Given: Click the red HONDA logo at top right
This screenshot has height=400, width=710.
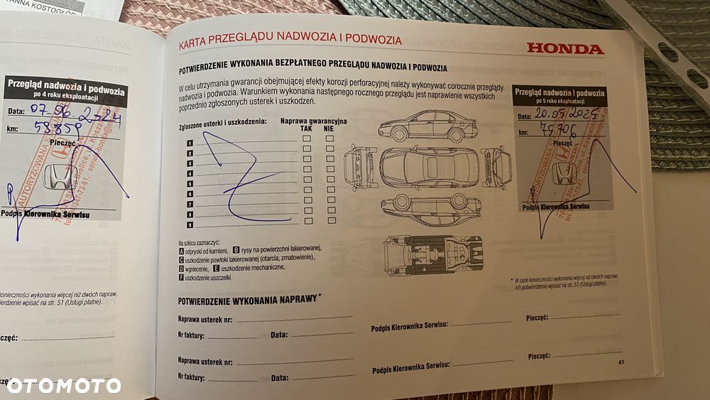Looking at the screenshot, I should tap(564, 48).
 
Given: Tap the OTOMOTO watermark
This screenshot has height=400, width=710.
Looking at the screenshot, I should tap(63, 386).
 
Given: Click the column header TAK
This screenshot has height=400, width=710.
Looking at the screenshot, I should tap(306, 129).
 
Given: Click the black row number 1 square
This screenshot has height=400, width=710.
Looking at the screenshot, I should tap(190, 143).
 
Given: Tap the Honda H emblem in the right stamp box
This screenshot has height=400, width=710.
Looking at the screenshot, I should tap(563, 171).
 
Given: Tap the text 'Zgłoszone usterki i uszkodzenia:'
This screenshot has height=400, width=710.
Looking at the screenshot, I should tap(222, 122).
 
